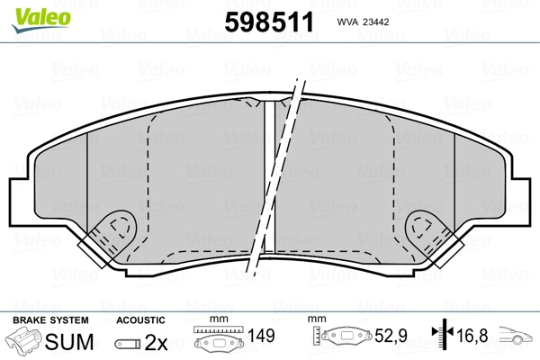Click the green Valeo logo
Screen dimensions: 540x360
41,19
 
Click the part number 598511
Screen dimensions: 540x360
269,22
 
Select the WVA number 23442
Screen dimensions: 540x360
376,22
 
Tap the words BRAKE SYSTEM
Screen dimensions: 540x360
50,320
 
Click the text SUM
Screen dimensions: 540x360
69,342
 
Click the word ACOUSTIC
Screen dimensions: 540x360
140,320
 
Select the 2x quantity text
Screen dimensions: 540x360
156,342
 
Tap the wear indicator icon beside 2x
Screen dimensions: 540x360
128,344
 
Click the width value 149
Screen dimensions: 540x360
261,336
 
